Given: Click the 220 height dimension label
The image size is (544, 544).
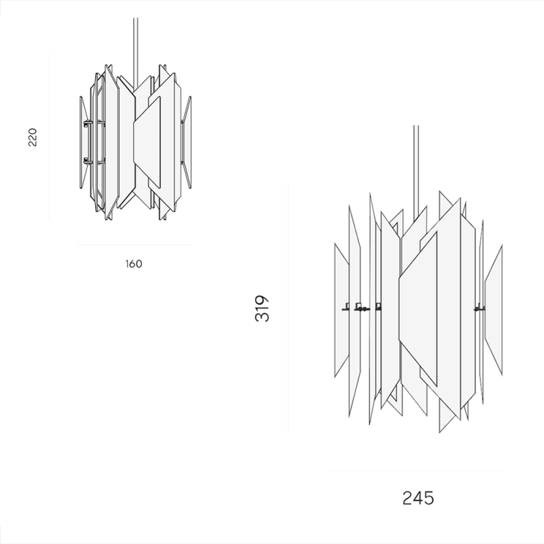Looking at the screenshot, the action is (x=32, y=137).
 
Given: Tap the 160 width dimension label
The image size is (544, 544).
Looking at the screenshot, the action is (x=133, y=264).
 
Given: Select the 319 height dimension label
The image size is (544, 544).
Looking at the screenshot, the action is (x=262, y=309).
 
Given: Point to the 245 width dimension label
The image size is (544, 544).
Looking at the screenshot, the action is (x=418, y=498).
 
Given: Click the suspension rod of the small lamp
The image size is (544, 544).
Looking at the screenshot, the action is (x=135, y=52).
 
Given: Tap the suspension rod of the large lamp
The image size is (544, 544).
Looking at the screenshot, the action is (x=416, y=173).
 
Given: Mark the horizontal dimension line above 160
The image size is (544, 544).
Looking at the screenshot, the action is (x=135, y=245).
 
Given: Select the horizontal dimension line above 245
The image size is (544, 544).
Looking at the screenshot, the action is (x=417, y=471).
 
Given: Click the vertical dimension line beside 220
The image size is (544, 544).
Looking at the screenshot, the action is (x=49, y=137).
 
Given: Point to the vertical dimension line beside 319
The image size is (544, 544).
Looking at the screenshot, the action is (x=288, y=309).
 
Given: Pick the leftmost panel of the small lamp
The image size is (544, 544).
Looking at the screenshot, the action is (x=83, y=142).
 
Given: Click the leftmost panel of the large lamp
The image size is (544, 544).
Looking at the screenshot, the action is (x=341, y=310).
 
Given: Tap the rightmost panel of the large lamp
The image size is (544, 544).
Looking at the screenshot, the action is (x=494, y=310).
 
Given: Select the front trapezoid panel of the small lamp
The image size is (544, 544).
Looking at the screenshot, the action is (x=147, y=142).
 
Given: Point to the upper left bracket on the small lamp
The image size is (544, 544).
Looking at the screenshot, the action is (x=88, y=122).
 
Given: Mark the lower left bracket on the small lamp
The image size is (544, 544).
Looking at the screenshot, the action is (x=88, y=160).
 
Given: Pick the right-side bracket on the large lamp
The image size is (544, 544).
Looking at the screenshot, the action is (x=479, y=307).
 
